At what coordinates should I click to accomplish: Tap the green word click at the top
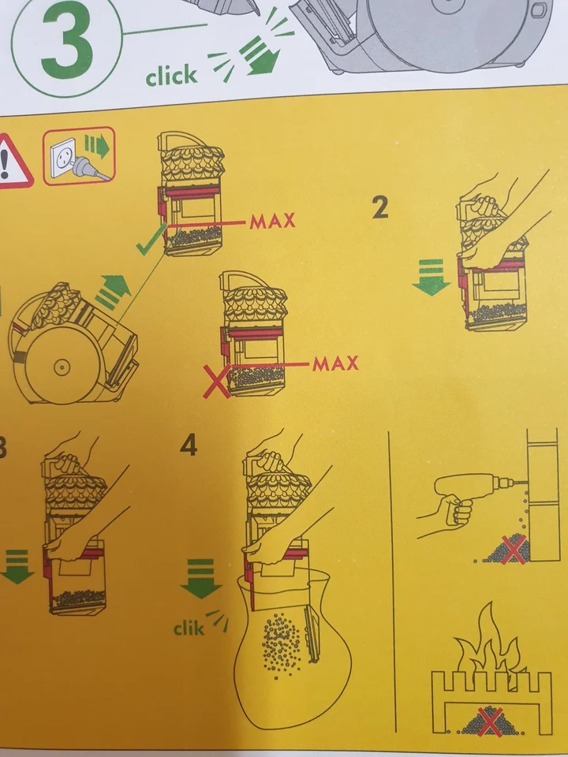(171, 76)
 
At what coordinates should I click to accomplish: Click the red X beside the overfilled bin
(216, 382)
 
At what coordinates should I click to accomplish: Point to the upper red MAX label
(272, 221)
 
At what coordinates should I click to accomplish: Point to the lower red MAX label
(336, 363)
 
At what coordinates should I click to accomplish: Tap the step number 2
(380, 208)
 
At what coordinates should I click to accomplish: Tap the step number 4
(189, 446)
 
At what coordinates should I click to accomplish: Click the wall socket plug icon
(79, 155)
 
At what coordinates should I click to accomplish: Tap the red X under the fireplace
(490, 722)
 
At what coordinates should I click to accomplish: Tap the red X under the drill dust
(513, 550)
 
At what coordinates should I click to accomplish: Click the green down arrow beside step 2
(431, 277)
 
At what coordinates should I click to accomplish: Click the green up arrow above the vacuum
(114, 291)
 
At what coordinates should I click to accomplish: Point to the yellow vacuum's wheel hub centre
(62, 368)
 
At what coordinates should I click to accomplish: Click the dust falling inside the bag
(282, 644)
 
